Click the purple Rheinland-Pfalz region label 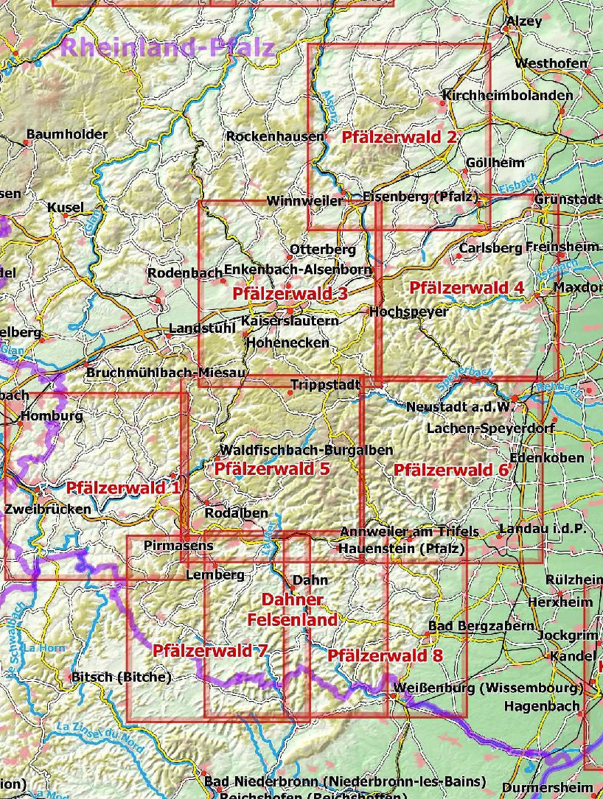[167, 48]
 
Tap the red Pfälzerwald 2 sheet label [399, 136]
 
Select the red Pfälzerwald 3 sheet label [290, 293]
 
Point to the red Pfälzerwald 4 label [467, 287]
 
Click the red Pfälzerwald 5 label [272, 468]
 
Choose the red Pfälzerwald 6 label [451, 469]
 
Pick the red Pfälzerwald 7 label [209, 650]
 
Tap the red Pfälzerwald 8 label [385, 655]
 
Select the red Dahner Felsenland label [292, 609]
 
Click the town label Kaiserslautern [290, 321]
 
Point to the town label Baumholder [66, 134]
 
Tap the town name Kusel [66, 207]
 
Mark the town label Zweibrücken [48, 508]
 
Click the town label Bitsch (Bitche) [121, 677]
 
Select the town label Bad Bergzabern [481, 626]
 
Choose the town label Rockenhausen [274, 136]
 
